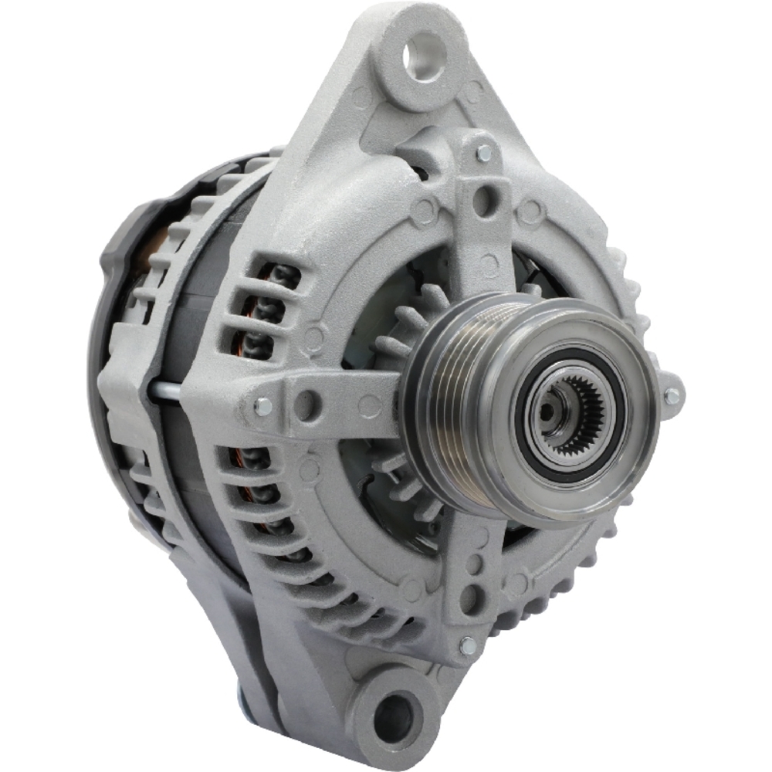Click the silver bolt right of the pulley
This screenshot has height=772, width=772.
click(x=672, y=396)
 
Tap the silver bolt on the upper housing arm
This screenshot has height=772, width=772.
click(x=484, y=152)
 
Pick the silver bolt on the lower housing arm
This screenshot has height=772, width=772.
click(x=467, y=645)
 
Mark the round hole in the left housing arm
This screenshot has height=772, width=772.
click(x=306, y=403)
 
